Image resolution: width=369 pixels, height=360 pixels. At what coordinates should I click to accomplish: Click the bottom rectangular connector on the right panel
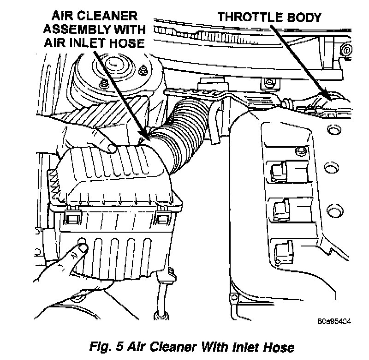click(280, 250)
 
